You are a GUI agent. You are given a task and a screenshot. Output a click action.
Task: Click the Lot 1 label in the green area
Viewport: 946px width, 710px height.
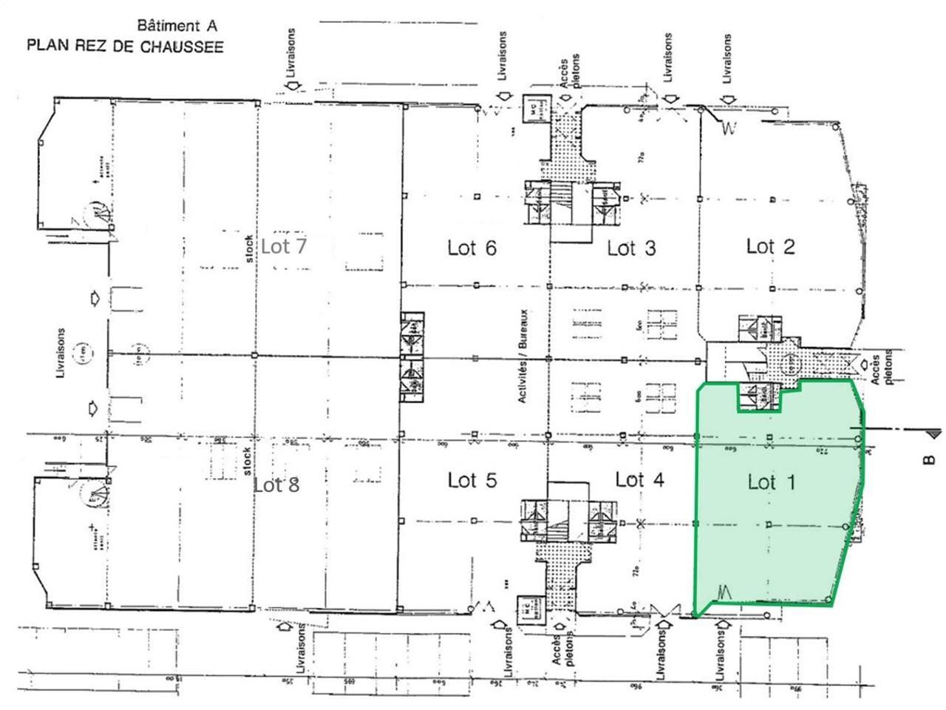coord(771,483)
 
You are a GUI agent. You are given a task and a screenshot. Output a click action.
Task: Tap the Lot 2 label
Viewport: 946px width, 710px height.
coord(770,246)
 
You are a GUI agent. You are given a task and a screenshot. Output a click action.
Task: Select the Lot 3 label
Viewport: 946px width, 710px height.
coord(631,248)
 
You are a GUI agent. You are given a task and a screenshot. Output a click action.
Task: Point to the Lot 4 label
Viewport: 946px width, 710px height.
coord(639,480)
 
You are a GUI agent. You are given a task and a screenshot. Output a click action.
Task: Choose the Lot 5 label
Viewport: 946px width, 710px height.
coord(472,481)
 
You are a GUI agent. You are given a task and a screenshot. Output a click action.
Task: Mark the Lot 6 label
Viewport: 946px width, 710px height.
coord(472,248)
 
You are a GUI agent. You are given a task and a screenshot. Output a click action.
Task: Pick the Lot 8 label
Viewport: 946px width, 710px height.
coord(276,485)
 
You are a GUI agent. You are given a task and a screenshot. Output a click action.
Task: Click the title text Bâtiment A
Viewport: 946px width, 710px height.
coord(178,26)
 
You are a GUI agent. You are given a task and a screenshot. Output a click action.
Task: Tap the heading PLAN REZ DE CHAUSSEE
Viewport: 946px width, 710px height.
coord(125,46)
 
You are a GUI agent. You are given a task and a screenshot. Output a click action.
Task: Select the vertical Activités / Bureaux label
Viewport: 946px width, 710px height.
coord(523,356)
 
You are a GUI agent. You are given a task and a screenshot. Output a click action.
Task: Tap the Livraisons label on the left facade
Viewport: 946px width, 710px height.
coord(61,354)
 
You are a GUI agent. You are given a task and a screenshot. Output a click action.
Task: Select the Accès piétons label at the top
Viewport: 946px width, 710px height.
coord(570,72)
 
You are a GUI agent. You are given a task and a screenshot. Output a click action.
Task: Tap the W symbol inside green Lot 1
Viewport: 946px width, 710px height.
coord(724,592)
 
